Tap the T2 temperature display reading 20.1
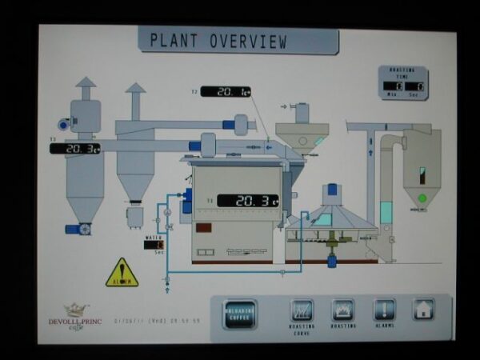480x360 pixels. tap(225, 92)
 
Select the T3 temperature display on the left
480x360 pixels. tap(75, 149)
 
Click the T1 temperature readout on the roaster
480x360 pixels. tap(248, 200)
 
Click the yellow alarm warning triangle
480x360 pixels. tap(122, 273)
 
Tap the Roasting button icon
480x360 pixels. tap(343, 310)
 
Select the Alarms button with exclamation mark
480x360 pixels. tap(384, 310)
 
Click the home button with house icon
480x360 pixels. tap(423, 310)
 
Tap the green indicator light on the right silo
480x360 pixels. tap(422, 198)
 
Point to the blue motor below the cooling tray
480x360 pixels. tap(332, 260)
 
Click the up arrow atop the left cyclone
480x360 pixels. tap(86, 82)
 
